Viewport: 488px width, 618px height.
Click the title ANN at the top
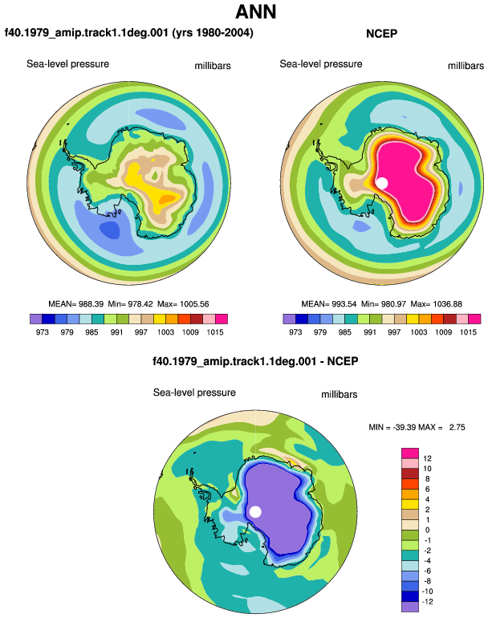255,12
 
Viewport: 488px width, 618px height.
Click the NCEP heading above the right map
381,34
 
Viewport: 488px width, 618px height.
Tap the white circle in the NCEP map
381,183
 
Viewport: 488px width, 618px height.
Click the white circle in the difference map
255,512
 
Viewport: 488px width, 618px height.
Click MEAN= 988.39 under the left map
75,304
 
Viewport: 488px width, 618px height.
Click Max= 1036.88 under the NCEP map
436,304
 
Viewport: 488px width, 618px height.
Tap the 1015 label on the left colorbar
215,331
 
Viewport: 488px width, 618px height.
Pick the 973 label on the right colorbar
295,331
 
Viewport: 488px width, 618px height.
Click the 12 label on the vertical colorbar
427,458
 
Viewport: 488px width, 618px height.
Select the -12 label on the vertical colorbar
427,602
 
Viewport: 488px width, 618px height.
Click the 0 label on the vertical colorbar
427,530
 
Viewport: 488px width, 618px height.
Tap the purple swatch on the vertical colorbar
410,607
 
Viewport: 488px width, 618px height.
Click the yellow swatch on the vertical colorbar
410,504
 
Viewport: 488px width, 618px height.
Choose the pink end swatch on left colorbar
222,319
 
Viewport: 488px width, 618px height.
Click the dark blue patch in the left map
109,230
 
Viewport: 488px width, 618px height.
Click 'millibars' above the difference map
339,395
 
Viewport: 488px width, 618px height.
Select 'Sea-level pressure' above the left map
67,64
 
